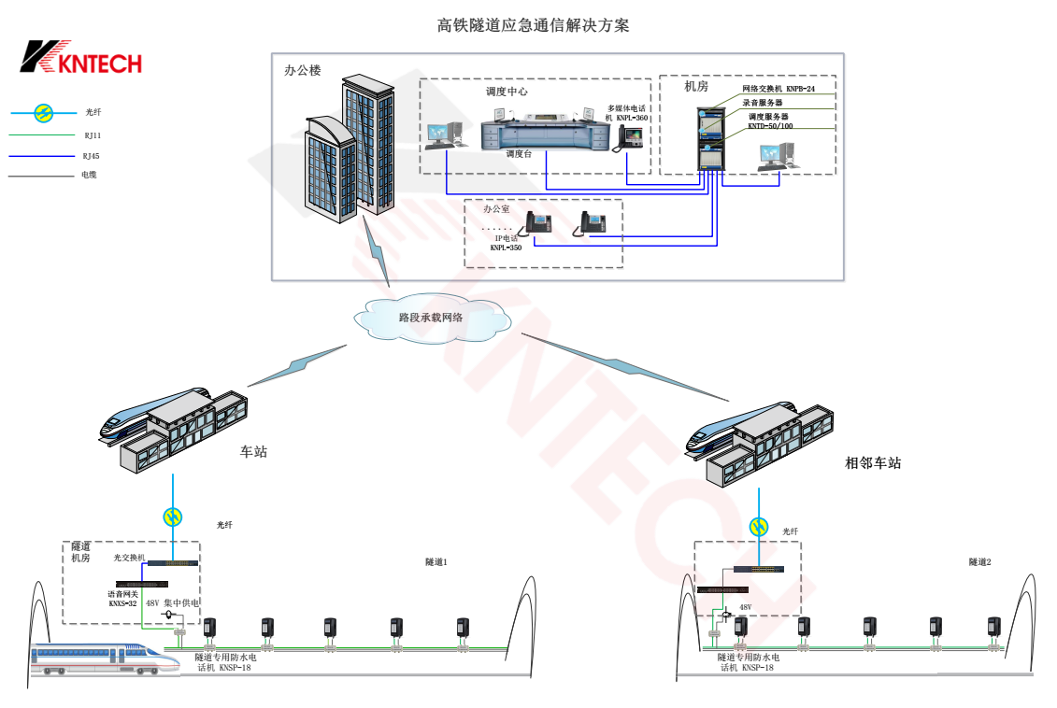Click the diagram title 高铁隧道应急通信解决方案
[x=533, y=25]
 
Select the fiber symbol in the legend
[x=43, y=113]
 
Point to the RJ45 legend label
[x=91, y=156]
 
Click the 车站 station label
[x=253, y=452]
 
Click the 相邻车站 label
[x=873, y=463]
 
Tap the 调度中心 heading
[x=507, y=92]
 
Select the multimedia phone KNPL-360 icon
[x=629, y=137]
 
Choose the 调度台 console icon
[x=530, y=131]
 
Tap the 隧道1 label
[x=436, y=562]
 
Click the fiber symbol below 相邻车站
[x=760, y=527]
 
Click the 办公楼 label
[x=302, y=70]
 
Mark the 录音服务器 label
[x=763, y=103]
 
